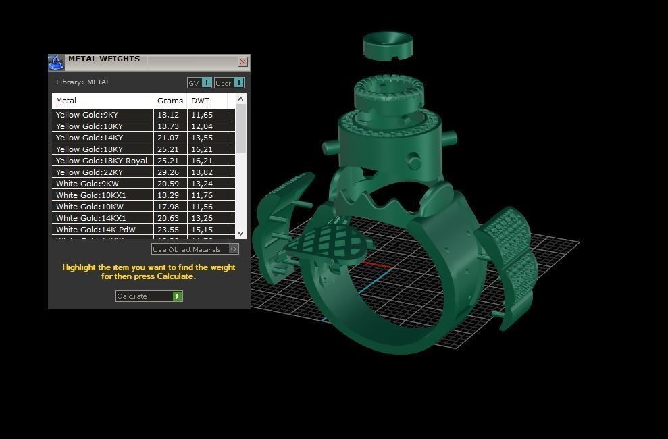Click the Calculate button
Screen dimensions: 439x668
[149, 296]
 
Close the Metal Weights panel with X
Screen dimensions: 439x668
[242, 62]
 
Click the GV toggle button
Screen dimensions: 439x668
[199, 83]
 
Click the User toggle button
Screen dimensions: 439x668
[229, 83]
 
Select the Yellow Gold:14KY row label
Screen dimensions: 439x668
[89, 138]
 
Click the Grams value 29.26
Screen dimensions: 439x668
[168, 172]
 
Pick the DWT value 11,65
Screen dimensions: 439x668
[202, 115]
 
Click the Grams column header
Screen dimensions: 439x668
[170, 101]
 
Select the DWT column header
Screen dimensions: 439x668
[201, 101]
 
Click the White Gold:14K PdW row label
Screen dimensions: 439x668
[96, 230]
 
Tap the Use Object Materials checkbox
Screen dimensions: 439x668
[233, 249]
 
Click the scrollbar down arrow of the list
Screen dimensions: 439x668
[241, 233]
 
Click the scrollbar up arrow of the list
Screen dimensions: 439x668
[241, 99]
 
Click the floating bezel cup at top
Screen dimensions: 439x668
[388, 45]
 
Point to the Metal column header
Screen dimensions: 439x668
[66, 101]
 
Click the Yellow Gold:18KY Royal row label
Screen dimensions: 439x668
[101, 161]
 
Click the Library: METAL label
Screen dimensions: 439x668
[83, 82]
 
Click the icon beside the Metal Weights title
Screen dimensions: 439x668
[56, 62]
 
